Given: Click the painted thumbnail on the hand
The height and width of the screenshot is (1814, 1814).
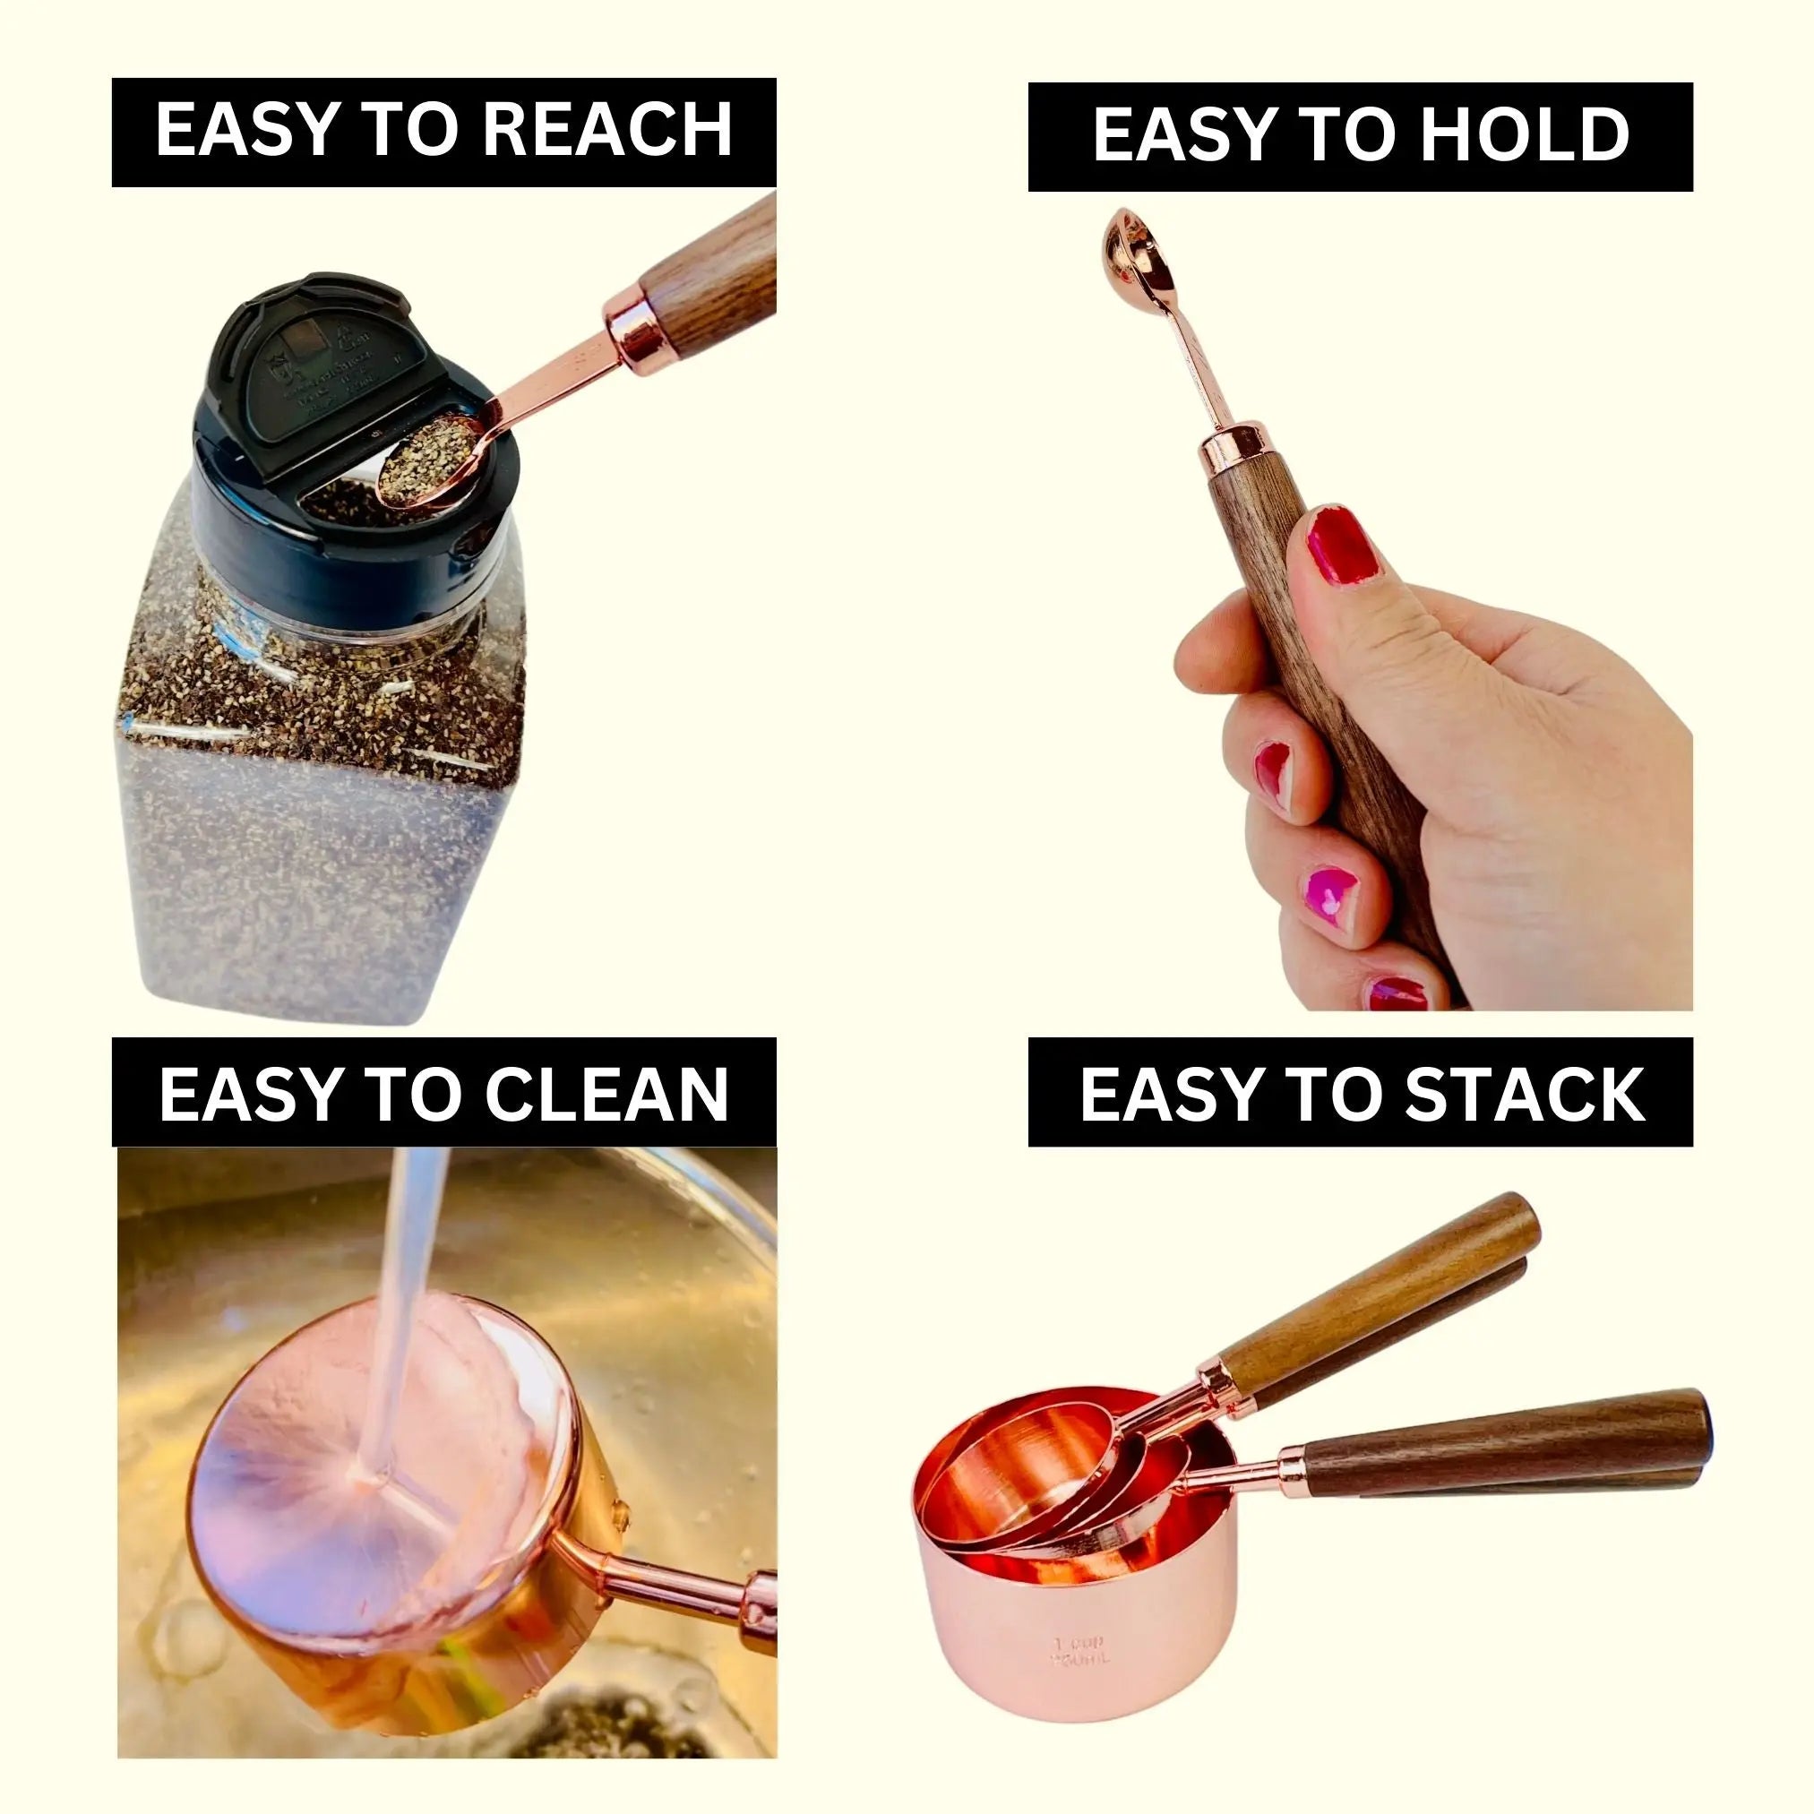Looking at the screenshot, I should point(1341,546).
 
